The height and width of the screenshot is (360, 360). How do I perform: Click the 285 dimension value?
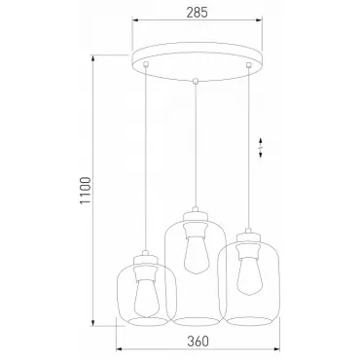(197, 13)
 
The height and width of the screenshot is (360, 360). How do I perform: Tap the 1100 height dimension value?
(86, 191)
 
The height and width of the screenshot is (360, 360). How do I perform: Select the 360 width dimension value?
(198, 342)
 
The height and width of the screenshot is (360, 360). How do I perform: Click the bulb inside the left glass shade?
(147, 298)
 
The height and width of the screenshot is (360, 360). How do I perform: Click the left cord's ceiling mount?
(146, 64)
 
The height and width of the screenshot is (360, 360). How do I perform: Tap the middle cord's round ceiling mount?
(196, 81)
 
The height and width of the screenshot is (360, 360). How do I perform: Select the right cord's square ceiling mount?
(249, 65)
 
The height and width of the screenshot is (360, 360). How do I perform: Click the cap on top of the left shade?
(145, 259)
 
